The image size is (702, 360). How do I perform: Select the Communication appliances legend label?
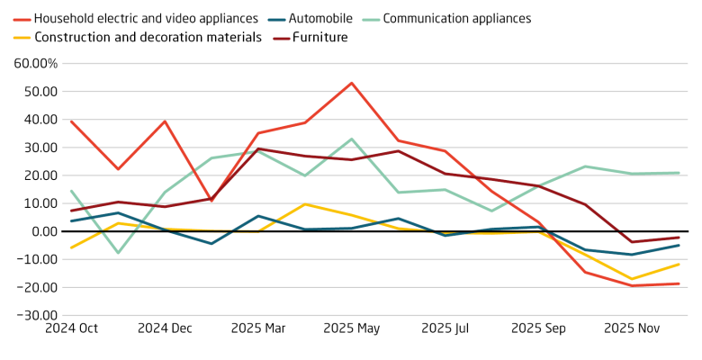pos(457,18)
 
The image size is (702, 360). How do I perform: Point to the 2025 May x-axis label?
pos(352,329)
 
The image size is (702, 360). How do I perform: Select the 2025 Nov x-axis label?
pos(632,329)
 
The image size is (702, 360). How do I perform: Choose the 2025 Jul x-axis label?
pos(445,329)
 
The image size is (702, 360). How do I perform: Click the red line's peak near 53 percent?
pos(352,83)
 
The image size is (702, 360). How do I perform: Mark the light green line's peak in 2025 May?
pos(352,139)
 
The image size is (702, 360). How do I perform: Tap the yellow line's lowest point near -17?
pos(632,279)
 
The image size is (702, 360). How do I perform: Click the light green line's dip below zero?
pos(117,253)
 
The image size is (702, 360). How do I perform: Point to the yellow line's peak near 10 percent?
pos(305,204)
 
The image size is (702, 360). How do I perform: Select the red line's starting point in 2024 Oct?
pos(70,121)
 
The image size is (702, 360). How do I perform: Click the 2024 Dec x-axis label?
pos(165,329)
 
